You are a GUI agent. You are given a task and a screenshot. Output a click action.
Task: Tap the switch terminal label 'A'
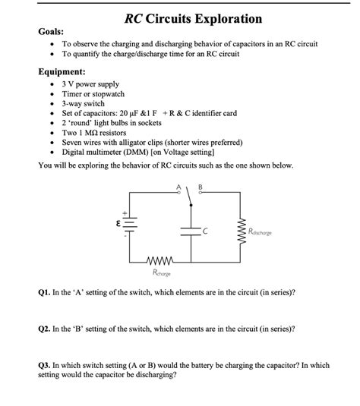point(178,187)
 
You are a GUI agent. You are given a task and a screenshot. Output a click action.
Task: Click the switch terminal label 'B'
point(201,187)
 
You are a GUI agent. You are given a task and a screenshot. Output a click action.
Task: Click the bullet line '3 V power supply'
point(90,84)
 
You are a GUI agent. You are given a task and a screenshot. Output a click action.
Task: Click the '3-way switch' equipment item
point(84,103)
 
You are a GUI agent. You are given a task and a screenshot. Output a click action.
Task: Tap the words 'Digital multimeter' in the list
point(94,151)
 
